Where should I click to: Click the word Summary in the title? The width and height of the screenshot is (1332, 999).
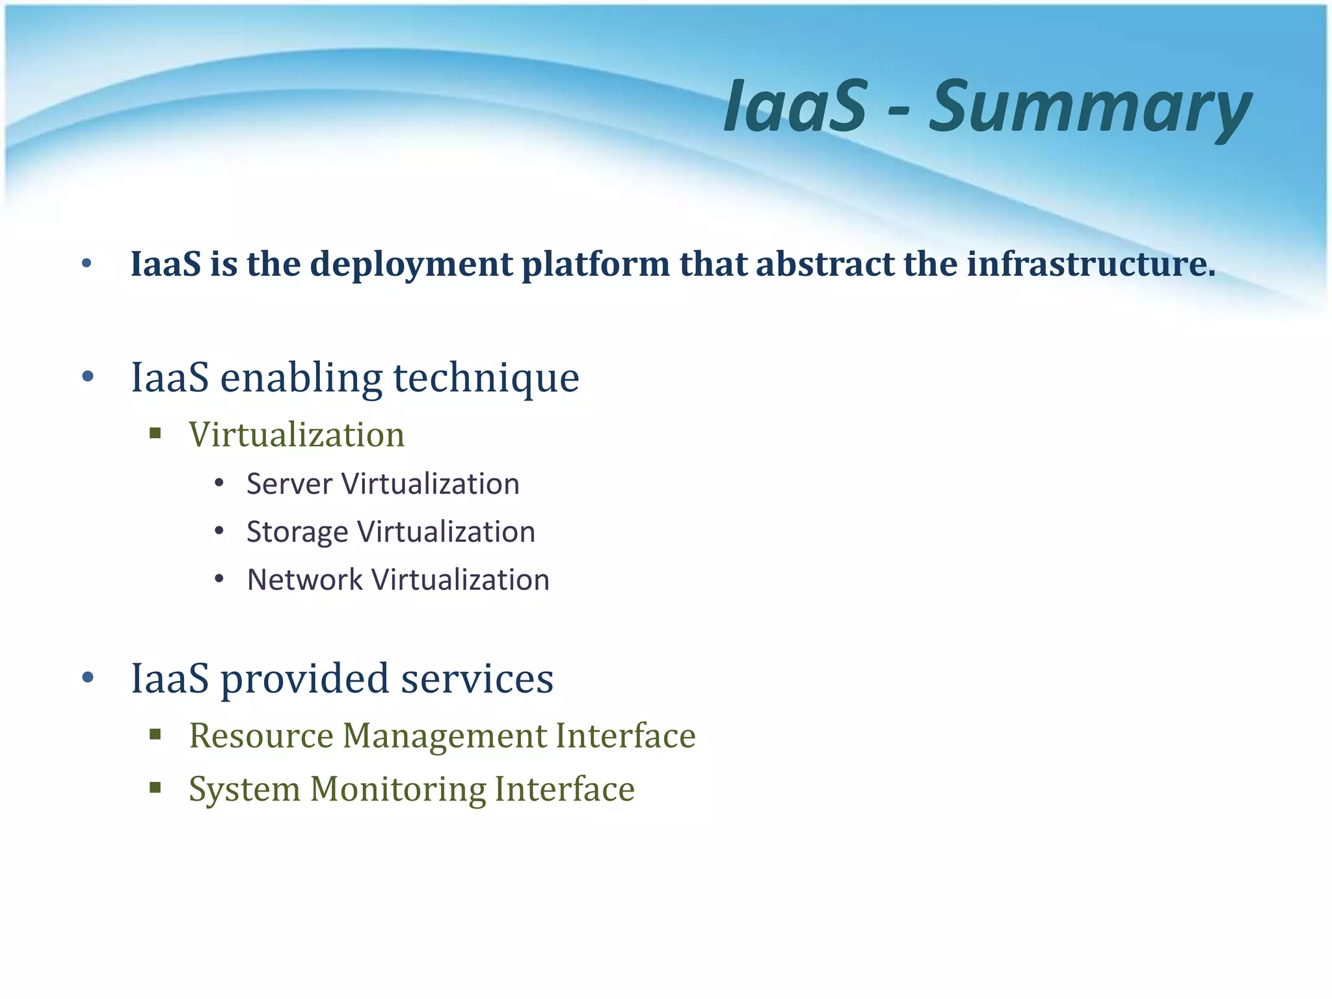(1090, 107)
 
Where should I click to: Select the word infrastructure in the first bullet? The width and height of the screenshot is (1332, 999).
(1091, 264)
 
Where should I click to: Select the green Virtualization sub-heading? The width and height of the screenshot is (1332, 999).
(297, 434)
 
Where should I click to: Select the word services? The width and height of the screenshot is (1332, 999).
(477, 679)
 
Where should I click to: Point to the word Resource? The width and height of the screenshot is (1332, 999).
(261, 736)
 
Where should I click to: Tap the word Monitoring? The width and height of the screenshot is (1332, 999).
(397, 790)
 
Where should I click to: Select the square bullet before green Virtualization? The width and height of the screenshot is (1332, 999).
(155, 434)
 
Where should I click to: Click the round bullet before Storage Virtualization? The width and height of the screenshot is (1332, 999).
(219, 531)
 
